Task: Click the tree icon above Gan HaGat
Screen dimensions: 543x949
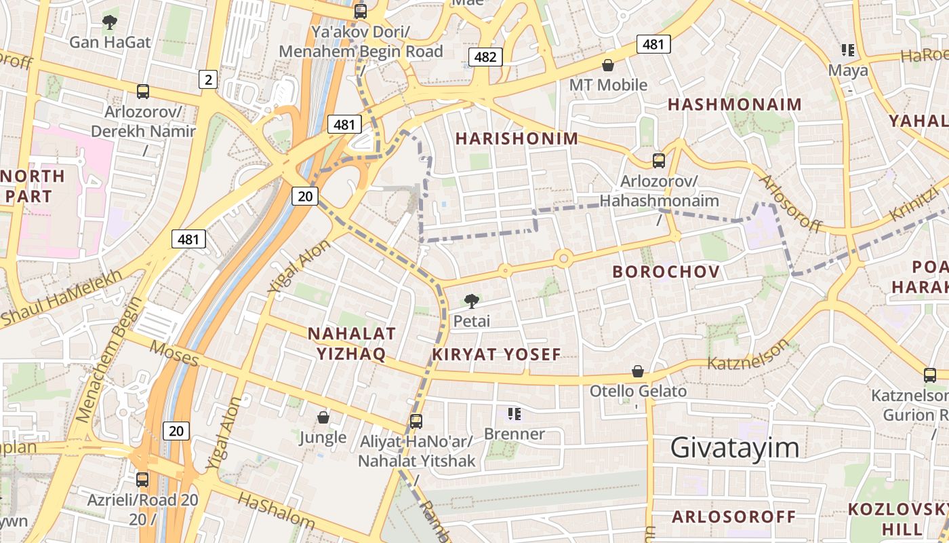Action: tap(109, 22)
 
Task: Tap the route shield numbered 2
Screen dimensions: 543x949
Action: tap(207, 80)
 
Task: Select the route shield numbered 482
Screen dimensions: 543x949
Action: tap(485, 57)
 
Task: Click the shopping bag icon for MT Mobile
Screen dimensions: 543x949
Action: tap(608, 65)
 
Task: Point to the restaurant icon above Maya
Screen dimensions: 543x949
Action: tap(847, 50)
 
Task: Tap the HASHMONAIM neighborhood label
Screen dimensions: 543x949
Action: tap(735, 105)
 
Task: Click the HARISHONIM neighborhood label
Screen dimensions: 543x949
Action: tap(517, 138)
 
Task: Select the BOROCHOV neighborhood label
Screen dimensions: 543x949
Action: tap(666, 271)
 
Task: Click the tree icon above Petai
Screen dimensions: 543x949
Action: tap(471, 301)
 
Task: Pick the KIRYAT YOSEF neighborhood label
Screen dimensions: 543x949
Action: tap(497, 354)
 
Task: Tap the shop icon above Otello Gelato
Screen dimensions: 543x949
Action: tap(638, 371)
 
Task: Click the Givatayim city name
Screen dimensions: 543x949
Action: tap(735, 448)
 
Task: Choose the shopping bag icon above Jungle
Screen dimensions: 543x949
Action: tap(323, 417)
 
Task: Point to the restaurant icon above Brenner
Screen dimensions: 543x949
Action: tap(514, 413)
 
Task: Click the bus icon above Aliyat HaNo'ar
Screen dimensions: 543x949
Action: tap(416, 421)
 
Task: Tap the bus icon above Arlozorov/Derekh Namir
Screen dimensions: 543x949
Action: tap(142, 91)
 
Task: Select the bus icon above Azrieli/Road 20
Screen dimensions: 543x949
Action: tap(142, 479)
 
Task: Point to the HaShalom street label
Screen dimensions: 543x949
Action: tap(277, 510)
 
